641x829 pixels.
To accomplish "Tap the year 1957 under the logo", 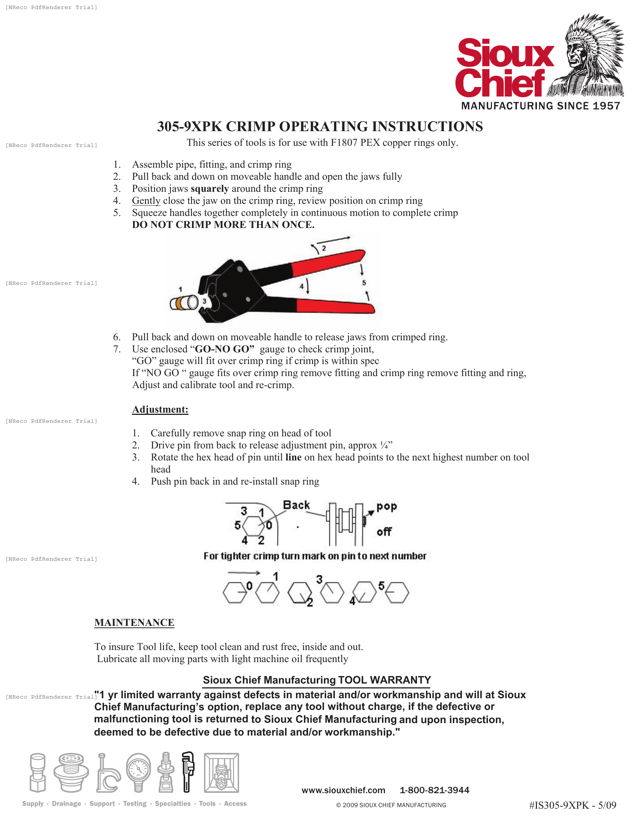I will point(606,106).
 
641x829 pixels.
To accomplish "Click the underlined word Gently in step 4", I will point(146,201).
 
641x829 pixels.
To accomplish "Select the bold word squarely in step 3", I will point(210,189).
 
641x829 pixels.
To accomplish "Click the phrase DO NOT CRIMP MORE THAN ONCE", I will point(223,225).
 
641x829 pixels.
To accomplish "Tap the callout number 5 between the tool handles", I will point(364,282).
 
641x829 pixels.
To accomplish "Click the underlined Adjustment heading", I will point(160,410).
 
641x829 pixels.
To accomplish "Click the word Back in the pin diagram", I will point(296,505).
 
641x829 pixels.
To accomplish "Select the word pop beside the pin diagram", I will point(386,506).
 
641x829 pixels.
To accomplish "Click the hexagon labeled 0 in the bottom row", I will point(234,592).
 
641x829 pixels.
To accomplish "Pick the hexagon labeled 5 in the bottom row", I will point(397,592).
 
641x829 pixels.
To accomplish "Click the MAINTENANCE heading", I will point(135,623).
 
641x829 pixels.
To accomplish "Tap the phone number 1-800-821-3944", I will point(434,790).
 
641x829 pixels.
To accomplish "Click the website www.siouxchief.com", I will point(343,790).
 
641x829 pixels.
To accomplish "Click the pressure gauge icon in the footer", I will point(138,772).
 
